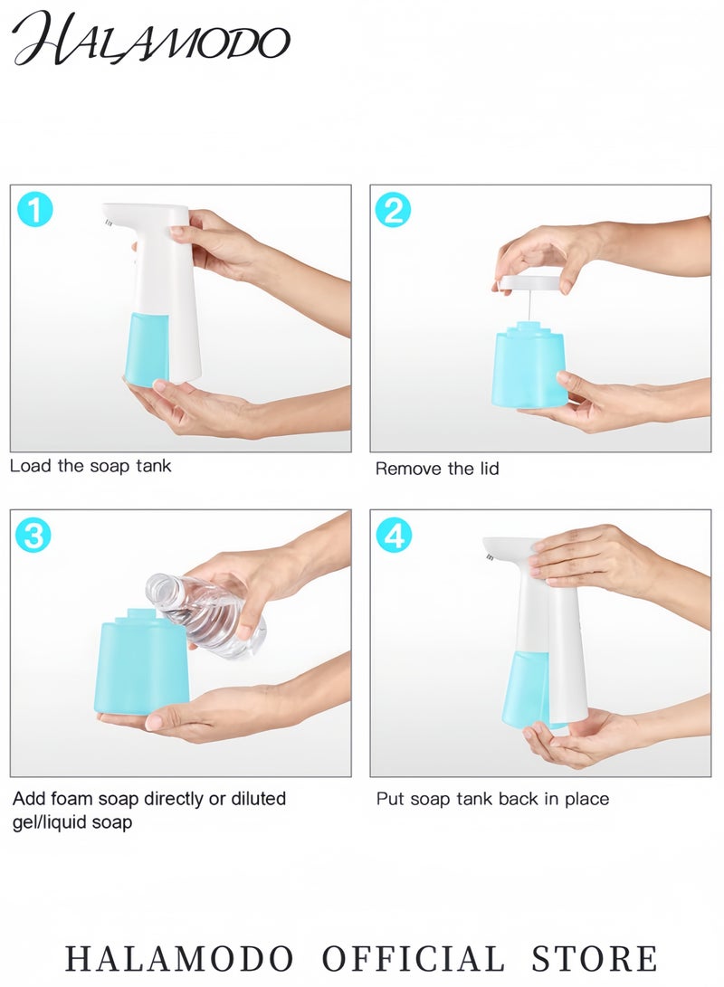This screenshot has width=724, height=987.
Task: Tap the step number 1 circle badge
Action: [34, 210]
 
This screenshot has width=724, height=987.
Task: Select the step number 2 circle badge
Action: [393, 210]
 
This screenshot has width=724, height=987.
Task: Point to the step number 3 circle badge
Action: [34, 536]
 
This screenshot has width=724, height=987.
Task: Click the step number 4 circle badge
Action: [393, 536]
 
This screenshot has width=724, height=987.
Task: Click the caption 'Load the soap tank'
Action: [90, 467]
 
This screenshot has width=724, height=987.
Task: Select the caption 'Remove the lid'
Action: [437, 469]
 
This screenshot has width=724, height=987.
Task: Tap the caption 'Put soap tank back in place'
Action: [492, 799]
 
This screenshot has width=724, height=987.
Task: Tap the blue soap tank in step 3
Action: [140, 665]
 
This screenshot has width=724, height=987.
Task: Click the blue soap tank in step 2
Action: [529, 366]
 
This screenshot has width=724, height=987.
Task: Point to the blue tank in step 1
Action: [146, 348]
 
